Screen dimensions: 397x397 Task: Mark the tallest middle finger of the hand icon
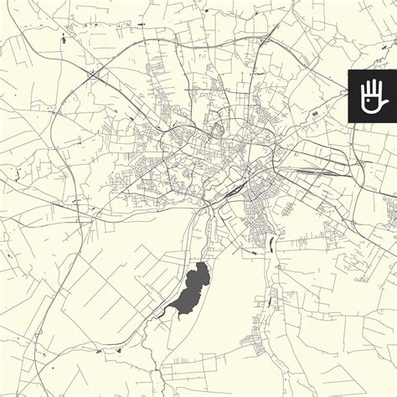coord(370,85)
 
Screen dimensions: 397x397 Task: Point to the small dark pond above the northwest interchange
coord(64,39)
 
